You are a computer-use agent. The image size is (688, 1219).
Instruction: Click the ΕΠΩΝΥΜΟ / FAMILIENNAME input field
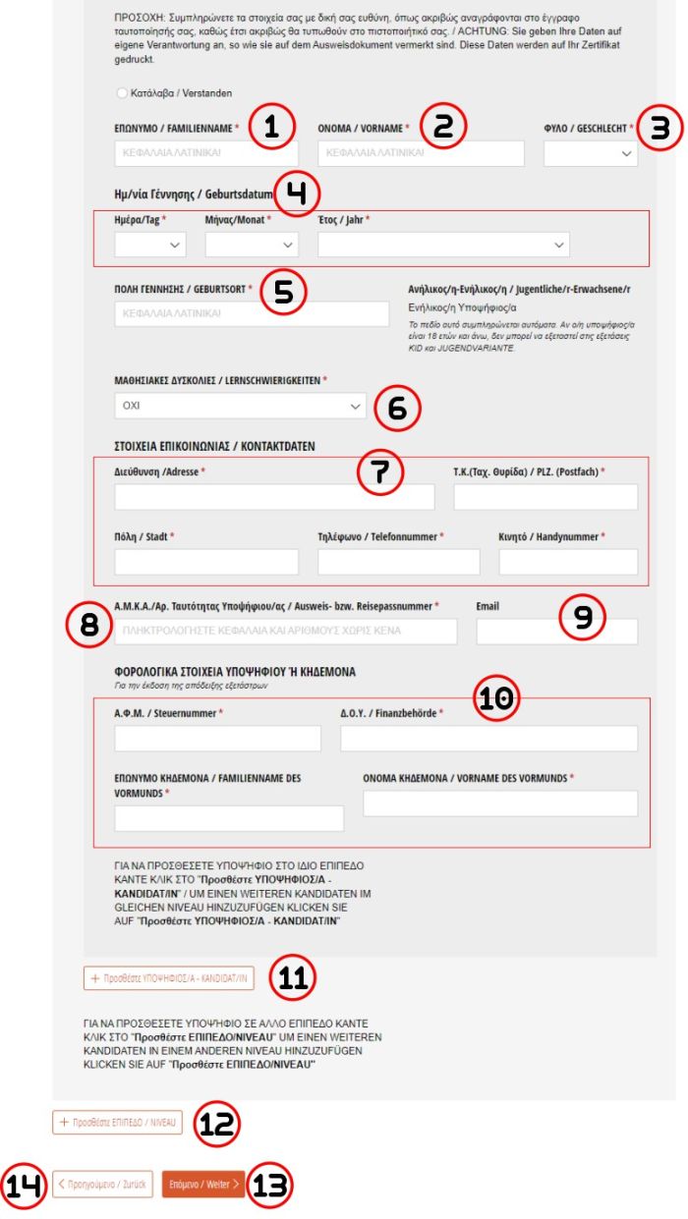(206, 154)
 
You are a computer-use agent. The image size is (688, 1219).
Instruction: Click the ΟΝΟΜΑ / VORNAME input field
(421, 154)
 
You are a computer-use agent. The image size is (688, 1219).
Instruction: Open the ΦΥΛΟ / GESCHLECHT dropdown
(590, 154)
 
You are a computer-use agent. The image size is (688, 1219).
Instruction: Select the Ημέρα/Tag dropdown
(150, 245)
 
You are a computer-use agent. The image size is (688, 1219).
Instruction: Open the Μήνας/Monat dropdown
(252, 245)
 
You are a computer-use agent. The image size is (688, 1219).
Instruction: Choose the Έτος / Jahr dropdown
(443, 245)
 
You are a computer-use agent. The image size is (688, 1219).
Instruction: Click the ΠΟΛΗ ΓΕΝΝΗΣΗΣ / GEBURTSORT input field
(253, 313)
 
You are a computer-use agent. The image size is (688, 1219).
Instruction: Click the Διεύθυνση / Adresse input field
(274, 497)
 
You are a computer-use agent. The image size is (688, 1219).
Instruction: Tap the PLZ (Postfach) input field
(545, 497)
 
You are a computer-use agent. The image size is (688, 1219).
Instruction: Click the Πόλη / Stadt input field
(206, 562)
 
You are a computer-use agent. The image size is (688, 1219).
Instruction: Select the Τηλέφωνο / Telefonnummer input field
(399, 562)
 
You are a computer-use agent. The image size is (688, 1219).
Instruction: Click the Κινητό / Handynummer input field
(568, 562)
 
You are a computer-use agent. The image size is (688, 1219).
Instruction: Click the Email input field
(556, 632)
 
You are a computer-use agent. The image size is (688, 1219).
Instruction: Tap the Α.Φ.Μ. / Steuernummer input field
(217, 739)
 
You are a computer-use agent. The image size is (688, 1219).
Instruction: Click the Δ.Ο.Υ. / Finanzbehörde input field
(488, 739)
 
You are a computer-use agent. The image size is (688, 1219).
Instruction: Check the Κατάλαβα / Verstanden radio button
(122, 93)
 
